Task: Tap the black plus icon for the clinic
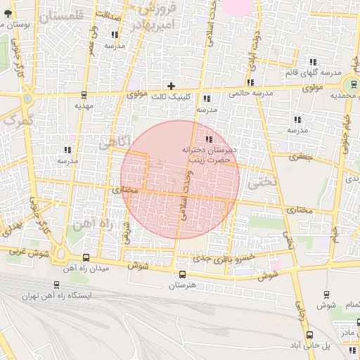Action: (x=171, y=86)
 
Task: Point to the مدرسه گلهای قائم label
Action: (x=313, y=72)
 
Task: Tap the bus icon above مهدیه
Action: (x=84, y=95)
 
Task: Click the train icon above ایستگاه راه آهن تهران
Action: (x=56, y=285)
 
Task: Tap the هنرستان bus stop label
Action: (x=182, y=286)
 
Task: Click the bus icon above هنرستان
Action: (x=182, y=275)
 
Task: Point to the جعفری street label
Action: (x=300, y=157)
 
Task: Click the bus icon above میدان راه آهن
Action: (x=86, y=258)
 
